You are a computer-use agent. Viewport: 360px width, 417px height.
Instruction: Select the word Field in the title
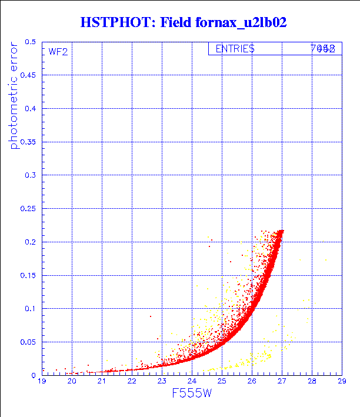click(178, 22)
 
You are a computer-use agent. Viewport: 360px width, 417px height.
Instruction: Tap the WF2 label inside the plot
click(58, 51)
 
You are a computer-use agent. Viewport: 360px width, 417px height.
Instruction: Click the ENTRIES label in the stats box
click(235, 49)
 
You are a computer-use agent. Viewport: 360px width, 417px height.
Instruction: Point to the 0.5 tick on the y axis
click(29, 42)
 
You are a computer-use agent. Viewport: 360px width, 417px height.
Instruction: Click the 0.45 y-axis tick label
click(27, 75)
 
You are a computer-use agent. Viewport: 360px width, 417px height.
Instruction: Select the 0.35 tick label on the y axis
click(27, 142)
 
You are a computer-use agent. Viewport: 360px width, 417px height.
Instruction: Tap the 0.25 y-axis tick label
click(27, 209)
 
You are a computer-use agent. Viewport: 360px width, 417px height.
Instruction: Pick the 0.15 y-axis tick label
click(27, 275)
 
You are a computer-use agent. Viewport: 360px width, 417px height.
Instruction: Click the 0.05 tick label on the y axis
click(27, 342)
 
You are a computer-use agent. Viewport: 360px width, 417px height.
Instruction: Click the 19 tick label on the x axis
click(42, 382)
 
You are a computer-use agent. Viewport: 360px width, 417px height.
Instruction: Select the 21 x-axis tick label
click(102, 382)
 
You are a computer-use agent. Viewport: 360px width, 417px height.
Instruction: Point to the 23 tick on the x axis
click(162, 382)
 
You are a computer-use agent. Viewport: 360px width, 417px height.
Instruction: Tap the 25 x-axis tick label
click(222, 382)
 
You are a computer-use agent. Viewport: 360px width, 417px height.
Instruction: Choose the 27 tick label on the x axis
click(282, 382)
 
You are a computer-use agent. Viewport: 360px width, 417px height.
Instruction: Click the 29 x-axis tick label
click(342, 382)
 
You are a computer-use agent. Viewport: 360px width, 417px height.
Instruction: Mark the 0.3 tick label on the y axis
click(29, 175)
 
